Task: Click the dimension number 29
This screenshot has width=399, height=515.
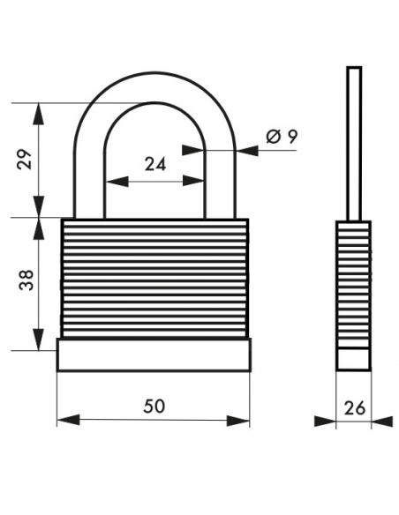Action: click(26, 160)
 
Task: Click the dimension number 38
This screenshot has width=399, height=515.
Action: click(26, 280)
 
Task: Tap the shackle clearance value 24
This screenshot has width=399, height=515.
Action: click(155, 164)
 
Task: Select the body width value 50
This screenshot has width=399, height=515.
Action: click(154, 407)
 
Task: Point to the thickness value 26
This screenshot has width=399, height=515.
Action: click(355, 408)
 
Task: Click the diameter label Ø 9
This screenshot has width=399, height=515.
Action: click(282, 137)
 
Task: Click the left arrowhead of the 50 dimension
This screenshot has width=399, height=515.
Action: click(68, 420)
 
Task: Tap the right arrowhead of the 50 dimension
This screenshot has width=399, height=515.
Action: click(238, 421)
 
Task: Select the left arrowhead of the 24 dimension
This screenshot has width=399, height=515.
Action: click(117, 182)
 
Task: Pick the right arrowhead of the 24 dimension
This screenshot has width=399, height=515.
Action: click(193, 181)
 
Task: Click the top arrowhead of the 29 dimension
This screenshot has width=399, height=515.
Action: click(39, 114)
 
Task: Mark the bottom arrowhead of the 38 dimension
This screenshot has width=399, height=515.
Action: click(39, 339)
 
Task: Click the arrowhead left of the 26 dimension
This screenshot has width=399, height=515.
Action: click(325, 422)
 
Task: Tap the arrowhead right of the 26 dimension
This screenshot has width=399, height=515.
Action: click(382, 422)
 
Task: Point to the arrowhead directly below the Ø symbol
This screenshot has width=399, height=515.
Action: click(247, 151)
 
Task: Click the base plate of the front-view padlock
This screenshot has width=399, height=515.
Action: click(154, 355)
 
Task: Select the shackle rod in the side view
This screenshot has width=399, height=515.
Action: click(354, 144)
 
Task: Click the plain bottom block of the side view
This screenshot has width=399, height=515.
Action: click(354, 359)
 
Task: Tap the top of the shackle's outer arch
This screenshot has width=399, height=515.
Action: click(154, 72)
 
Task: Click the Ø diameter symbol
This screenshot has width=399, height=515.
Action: click(274, 137)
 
